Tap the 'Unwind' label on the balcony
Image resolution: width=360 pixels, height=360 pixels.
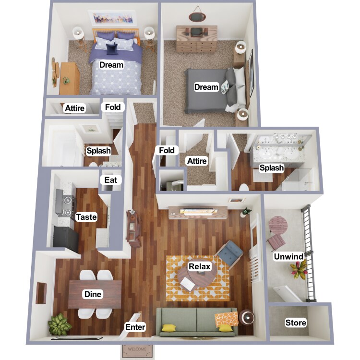click(x=288, y=257)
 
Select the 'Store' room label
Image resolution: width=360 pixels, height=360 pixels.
click(x=296, y=323)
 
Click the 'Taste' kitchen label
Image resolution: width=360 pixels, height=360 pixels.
click(x=86, y=217)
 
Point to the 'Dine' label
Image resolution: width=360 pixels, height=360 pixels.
click(x=93, y=294)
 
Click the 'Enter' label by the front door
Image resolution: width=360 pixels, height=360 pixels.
click(x=135, y=327)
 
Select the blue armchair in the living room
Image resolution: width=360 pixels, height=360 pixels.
click(x=229, y=253)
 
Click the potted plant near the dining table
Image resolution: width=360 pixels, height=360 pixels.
click(x=60, y=324)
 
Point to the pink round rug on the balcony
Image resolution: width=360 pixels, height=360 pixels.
click(x=277, y=224)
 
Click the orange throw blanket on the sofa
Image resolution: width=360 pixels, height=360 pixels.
click(x=226, y=318)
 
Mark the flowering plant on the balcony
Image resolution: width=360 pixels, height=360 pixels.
click(x=299, y=272)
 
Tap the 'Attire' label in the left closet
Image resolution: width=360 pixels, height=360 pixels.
click(x=74, y=108)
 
